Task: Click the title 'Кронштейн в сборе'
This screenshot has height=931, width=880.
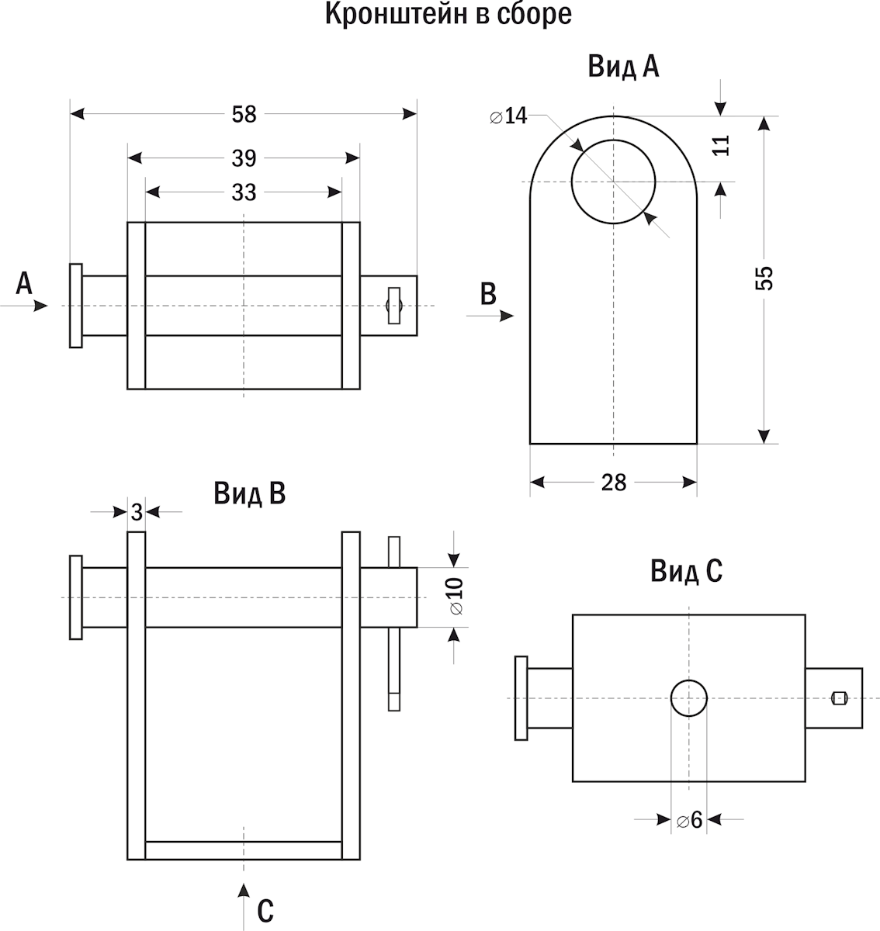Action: [448, 15]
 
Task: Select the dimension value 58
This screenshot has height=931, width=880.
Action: [244, 115]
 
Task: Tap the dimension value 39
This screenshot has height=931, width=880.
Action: [244, 159]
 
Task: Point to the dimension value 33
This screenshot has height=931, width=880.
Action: [244, 192]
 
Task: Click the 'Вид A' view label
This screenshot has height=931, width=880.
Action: [623, 67]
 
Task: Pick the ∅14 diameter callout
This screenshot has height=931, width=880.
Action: [509, 117]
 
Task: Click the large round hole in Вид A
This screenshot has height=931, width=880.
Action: [613, 182]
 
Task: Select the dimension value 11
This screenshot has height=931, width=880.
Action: [722, 145]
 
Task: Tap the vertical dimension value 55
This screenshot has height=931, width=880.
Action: [764, 278]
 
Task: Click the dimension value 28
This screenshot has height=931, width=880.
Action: [613, 483]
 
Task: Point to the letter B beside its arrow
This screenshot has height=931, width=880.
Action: [488, 295]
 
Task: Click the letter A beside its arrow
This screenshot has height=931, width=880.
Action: [24, 284]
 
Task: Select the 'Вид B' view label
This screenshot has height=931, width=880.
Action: [249, 494]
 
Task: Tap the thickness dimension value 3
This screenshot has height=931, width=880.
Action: [137, 512]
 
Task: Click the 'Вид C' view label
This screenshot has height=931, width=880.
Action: [686, 572]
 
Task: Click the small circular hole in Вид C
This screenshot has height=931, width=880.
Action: [688, 698]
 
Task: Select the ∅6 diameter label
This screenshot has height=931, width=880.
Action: [689, 819]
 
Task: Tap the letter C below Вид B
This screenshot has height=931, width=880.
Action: [265, 911]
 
